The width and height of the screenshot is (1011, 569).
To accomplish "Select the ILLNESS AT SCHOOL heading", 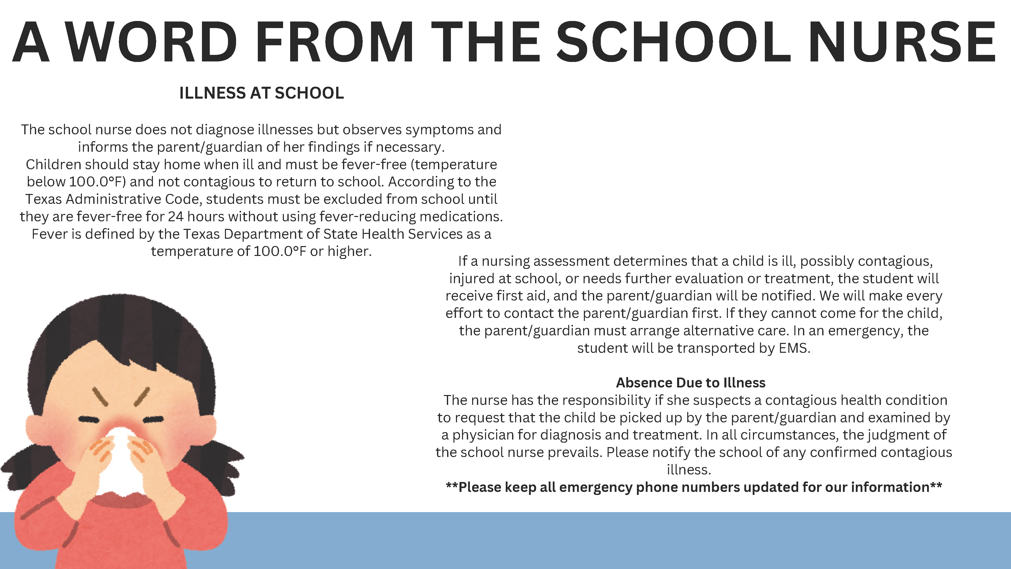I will (261, 93).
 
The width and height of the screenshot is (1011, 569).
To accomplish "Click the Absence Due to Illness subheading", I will (691, 382).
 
